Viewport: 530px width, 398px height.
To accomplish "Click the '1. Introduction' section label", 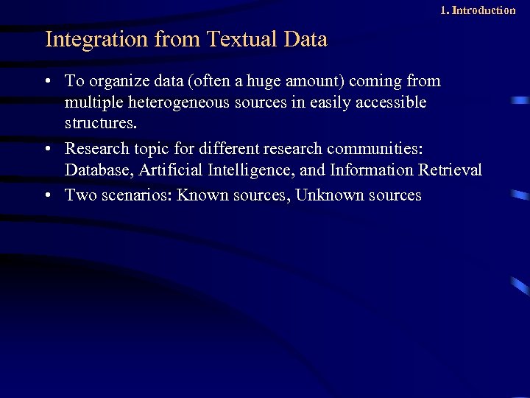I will click(x=478, y=10).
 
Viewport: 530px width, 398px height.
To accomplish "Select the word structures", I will click(x=98, y=122).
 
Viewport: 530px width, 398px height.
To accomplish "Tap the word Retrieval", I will click(x=450, y=170).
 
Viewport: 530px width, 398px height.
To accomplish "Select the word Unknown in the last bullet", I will click(x=329, y=195).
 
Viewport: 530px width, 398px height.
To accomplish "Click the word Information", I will click(x=372, y=170).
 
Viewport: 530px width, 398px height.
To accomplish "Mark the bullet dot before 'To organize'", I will click(x=48, y=81).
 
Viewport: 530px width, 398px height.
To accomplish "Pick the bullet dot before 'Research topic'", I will click(x=48, y=149).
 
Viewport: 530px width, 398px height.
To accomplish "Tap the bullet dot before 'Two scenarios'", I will click(x=48, y=196).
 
